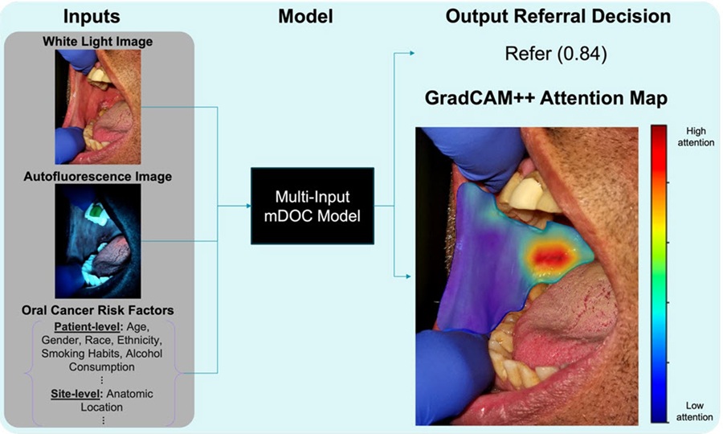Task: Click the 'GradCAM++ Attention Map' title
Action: (546, 99)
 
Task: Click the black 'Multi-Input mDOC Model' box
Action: (312, 206)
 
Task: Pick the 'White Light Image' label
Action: (98, 41)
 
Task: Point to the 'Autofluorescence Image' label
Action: (98, 176)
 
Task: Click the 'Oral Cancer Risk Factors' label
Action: (98, 310)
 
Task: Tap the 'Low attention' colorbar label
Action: (696, 411)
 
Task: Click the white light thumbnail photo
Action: (98, 100)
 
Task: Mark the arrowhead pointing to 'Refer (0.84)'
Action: (411, 54)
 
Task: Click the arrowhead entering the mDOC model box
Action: (247, 206)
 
